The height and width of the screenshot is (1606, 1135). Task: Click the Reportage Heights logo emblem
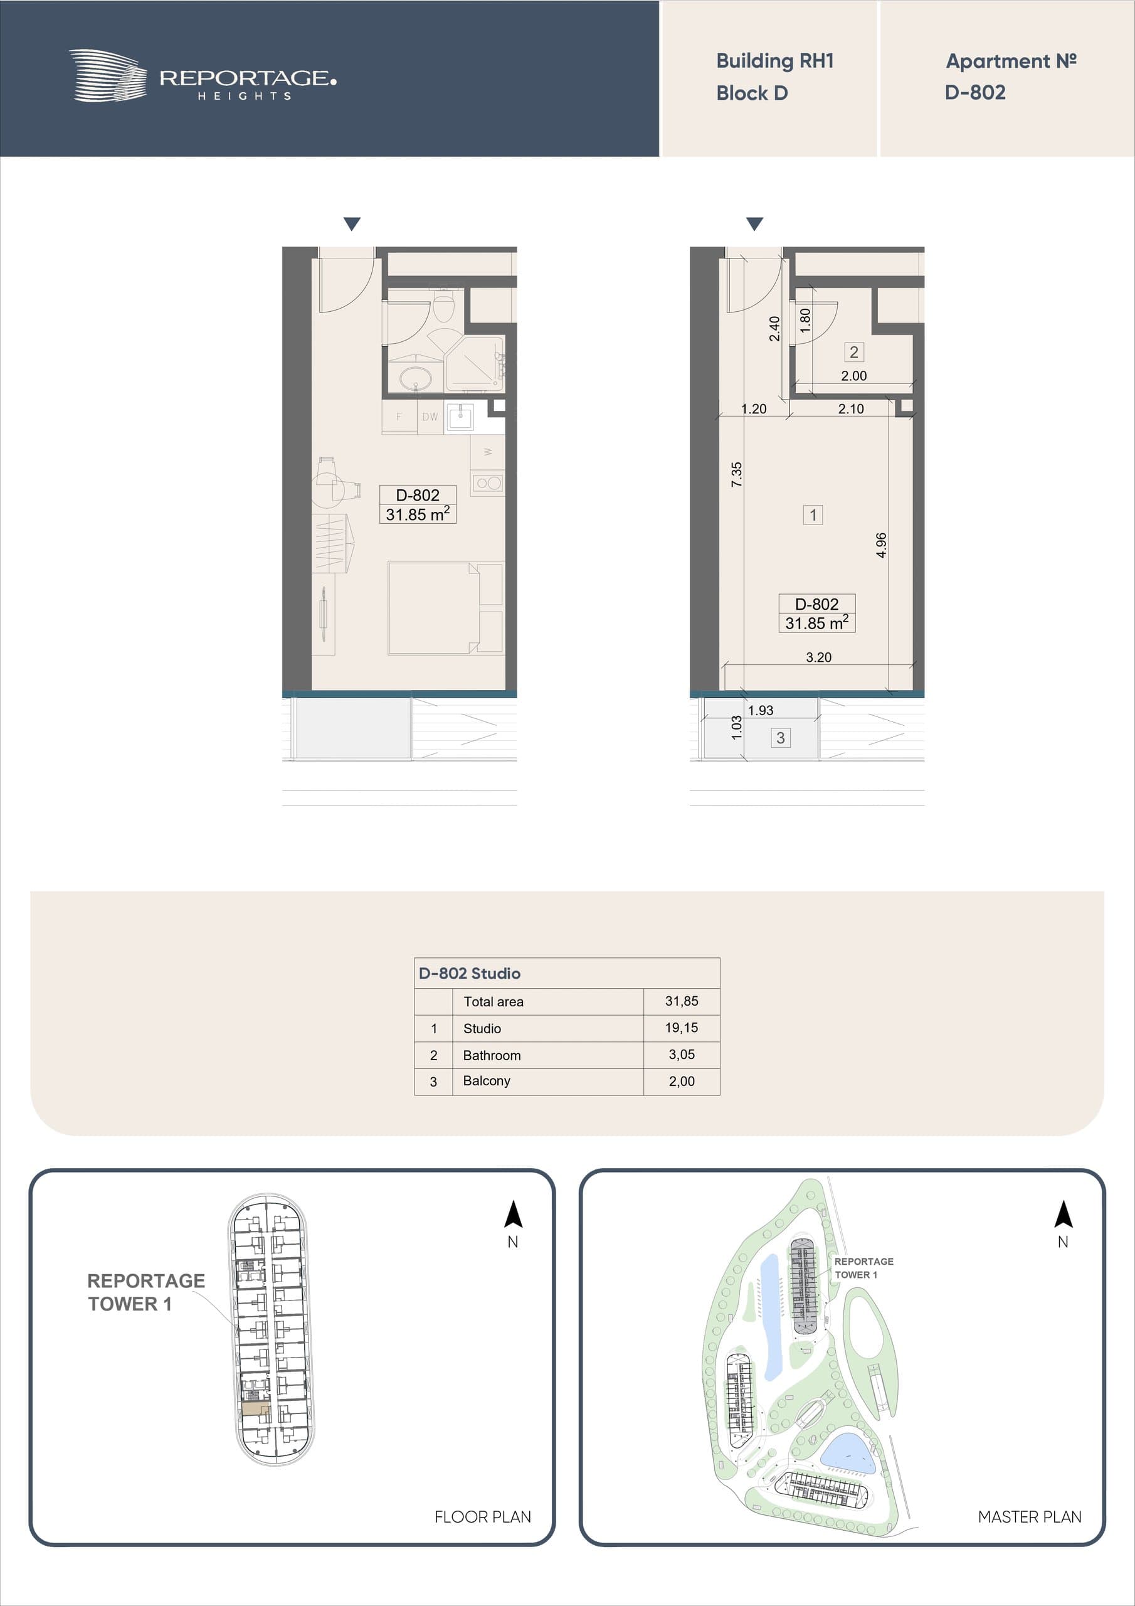[x=108, y=75]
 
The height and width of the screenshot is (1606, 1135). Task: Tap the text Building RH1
[x=775, y=61]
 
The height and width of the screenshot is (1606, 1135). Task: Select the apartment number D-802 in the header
[x=975, y=92]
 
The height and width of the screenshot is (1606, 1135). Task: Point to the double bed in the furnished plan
[x=445, y=608]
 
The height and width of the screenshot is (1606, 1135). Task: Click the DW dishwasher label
[x=430, y=417]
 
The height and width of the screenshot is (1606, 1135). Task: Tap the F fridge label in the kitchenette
[x=399, y=417]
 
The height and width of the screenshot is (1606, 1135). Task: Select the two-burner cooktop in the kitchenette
[x=487, y=482]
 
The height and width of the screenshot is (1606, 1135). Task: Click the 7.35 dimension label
[x=736, y=474]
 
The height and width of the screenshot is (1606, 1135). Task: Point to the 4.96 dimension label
[x=881, y=545]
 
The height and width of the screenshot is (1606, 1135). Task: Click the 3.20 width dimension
[x=818, y=657]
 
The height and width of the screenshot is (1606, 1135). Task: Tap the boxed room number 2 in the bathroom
[x=854, y=352]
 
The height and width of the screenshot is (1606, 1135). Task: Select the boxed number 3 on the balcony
[x=781, y=737]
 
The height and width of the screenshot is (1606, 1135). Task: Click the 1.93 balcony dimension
[x=760, y=711]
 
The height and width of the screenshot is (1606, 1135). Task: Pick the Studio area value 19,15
[x=682, y=1028]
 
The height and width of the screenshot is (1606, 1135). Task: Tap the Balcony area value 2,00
[x=682, y=1082]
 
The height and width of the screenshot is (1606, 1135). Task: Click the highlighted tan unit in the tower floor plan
[x=255, y=1410]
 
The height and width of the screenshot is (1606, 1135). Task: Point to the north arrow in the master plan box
[x=1063, y=1215]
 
